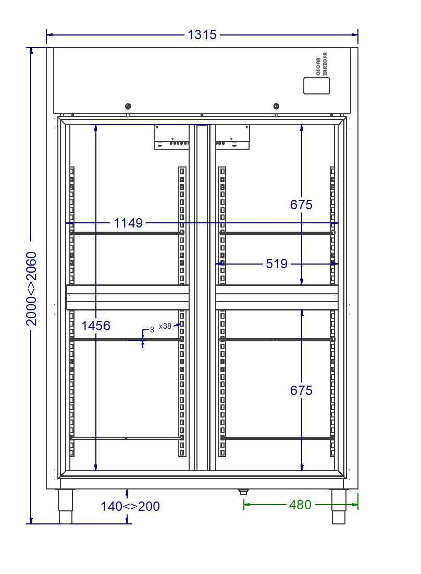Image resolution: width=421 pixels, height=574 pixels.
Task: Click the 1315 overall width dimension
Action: click(202, 35)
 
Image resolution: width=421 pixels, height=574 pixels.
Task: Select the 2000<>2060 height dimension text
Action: click(31, 289)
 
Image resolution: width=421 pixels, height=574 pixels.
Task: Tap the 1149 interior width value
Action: click(128, 223)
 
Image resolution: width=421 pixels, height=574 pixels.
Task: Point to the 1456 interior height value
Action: click(96, 326)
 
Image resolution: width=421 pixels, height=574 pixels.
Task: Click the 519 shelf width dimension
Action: click(277, 264)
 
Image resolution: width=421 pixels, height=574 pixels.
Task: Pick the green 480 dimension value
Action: click(300, 505)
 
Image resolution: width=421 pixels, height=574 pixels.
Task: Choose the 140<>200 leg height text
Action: click(130, 506)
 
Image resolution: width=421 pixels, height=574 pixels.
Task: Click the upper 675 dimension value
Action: click(301, 205)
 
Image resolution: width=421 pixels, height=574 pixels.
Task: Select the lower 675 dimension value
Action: click(301, 390)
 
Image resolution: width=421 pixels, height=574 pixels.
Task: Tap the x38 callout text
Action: click(165, 326)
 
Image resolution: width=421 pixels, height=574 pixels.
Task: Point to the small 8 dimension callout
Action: click(152, 330)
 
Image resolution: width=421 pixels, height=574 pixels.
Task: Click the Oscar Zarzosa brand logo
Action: click(321, 64)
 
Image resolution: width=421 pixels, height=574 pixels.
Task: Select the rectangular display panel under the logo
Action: click(316, 86)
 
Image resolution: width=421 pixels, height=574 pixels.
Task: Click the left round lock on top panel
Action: click(128, 106)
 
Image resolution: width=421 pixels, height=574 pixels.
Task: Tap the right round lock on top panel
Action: click(276, 106)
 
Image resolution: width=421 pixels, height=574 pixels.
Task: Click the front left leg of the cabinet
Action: click(66, 507)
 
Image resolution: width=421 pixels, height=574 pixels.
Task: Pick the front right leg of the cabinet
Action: click(339, 507)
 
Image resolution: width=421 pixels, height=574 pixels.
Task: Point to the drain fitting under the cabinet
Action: click(243, 492)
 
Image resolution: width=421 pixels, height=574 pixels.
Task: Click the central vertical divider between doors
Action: click(202, 297)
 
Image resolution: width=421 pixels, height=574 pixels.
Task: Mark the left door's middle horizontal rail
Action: click(128, 297)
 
